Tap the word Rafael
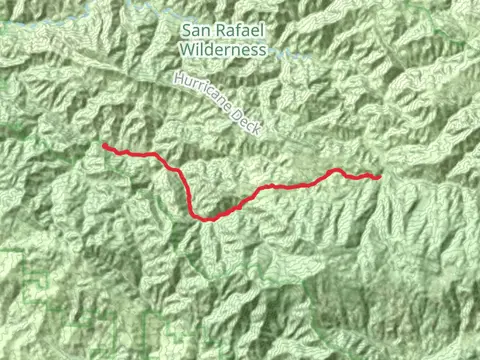(242, 29)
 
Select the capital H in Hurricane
(176, 79)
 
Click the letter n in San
(207, 29)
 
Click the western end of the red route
(104, 146)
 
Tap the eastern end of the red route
(380, 177)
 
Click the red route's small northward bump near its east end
(336, 170)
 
